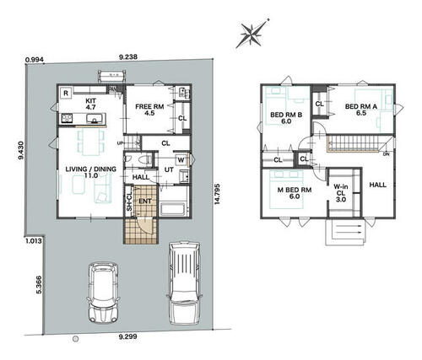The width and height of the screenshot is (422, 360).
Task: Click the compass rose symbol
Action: (252, 33)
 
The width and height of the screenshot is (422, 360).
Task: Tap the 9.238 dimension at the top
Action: (128, 57)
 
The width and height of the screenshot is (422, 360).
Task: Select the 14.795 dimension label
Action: (217, 194)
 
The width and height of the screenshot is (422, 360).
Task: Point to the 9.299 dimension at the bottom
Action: (127, 336)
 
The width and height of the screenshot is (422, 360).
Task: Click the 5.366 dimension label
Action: (39, 285)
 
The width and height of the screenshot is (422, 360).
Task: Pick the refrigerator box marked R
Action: (66, 93)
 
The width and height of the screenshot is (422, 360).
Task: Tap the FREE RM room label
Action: (149, 107)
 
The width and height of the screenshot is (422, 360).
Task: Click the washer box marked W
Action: (181, 160)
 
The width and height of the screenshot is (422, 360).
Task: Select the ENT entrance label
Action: (145, 201)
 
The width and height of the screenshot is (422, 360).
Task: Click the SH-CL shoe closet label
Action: (129, 201)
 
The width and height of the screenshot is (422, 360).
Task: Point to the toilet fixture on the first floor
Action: (146, 160)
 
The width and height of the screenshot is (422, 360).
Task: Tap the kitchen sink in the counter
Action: (95, 119)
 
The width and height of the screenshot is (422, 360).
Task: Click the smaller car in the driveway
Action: (103, 293)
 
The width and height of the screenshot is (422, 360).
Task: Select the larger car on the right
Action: (185, 283)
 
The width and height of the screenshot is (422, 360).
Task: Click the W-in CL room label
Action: (341, 193)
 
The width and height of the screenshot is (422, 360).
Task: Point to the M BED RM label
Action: (295, 190)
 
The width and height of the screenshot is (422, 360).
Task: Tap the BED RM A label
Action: (361, 106)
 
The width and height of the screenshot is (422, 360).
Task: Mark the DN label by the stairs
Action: (387, 154)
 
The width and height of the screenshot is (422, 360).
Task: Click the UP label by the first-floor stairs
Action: (120, 143)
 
